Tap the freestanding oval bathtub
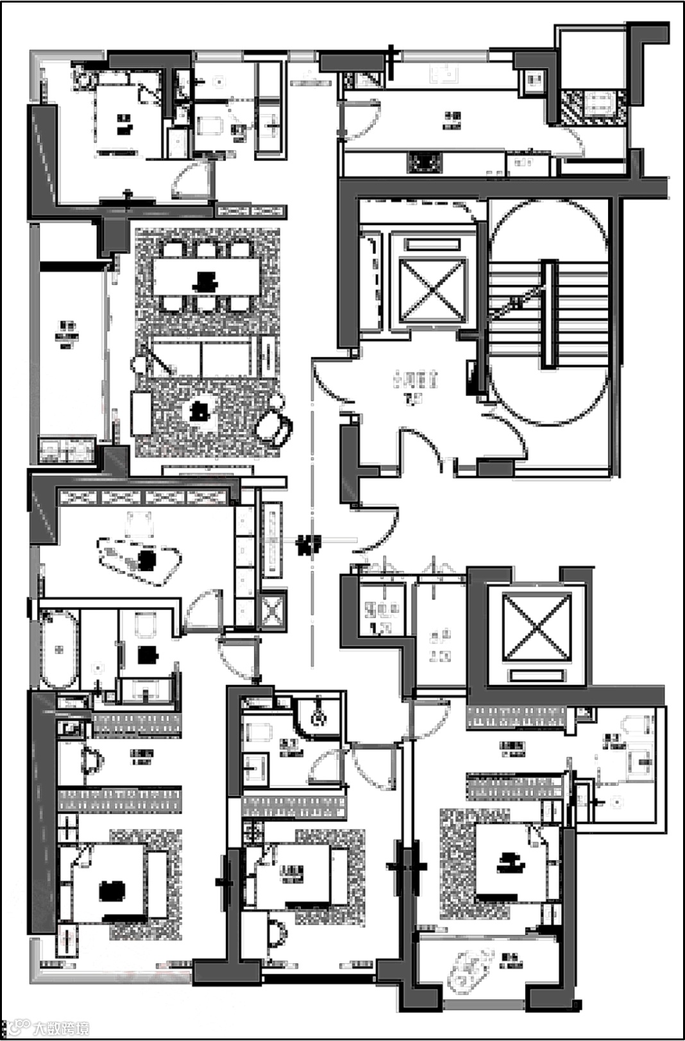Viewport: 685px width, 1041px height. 59,648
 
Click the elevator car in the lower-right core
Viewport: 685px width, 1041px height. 536,626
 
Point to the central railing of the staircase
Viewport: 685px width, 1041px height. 550,314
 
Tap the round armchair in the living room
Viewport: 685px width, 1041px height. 276,426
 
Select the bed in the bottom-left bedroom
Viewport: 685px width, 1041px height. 114,886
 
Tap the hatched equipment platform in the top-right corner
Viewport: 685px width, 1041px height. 594,107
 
